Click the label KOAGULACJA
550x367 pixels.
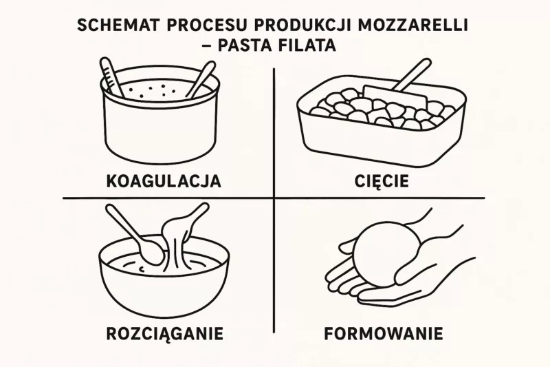pos(164,181)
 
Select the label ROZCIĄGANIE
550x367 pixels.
pos(164,334)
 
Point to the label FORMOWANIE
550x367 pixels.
pos(384,334)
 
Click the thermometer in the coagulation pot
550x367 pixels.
pos(112,76)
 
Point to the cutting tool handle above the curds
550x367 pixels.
pos(411,76)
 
